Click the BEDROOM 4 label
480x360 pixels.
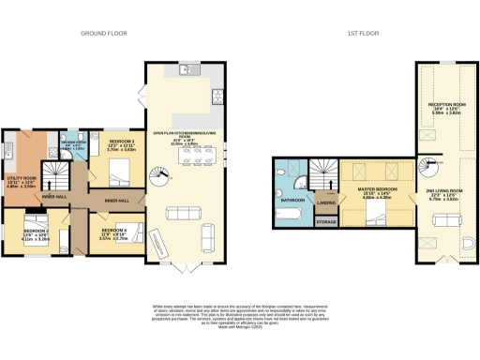(112, 230)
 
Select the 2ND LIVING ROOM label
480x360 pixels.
(446, 194)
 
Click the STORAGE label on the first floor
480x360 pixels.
(326, 221)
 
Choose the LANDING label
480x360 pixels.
(326, 202)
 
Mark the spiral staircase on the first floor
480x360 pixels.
(428, 171)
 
